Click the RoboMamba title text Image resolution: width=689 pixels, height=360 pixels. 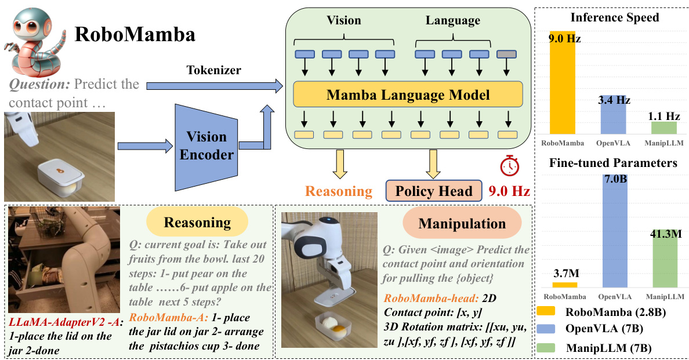click(x=135, y=35)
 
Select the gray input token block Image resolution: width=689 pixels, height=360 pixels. click(x=506, y=54)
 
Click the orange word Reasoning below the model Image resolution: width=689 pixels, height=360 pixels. click(x=339, y=191)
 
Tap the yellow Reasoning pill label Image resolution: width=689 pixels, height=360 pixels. click(x=197, y=223)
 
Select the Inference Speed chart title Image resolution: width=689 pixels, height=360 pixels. click(x=614, y=17)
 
